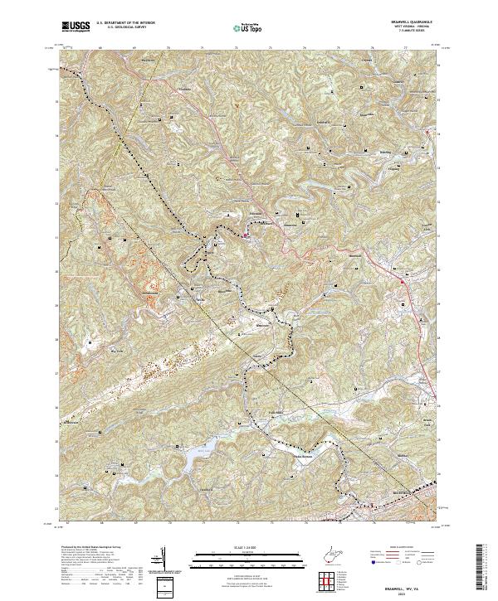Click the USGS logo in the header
point(77,27)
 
